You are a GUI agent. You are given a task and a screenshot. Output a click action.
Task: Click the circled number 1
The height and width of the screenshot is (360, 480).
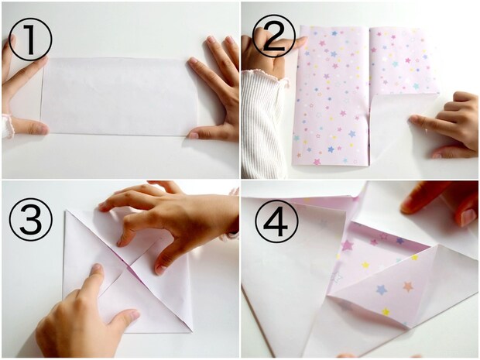pos(30,39)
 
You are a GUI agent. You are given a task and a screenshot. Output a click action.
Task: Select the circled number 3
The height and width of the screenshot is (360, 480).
pos(31,220)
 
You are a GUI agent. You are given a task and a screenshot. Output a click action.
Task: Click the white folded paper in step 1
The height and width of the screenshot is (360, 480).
pos(119,96)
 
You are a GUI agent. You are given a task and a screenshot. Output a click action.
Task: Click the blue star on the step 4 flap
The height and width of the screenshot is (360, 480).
pos(382,290)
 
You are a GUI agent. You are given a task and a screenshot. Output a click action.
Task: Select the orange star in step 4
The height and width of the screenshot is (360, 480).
pos(408,286)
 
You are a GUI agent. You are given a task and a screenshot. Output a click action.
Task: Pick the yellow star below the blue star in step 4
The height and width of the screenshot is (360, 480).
pos(386,312)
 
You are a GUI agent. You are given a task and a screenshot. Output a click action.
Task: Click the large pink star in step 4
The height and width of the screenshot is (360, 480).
pos(347,245)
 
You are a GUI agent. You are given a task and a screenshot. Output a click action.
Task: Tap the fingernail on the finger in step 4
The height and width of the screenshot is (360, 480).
pos(468,217)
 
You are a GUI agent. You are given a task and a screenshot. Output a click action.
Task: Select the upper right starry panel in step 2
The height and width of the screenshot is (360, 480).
pos(403,60)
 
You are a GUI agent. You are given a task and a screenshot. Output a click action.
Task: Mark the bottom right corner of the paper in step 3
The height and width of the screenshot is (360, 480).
pos(192,331)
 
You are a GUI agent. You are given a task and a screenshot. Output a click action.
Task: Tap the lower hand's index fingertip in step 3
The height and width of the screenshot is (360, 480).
pos(97,268)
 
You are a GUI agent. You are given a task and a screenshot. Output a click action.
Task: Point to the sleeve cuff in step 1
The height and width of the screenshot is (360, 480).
pos(7,126)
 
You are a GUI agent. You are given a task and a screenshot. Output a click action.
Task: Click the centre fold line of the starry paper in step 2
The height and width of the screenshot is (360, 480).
pos(369,97)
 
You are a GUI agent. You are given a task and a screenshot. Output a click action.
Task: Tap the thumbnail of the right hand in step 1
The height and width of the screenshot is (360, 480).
pos(194,135)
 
